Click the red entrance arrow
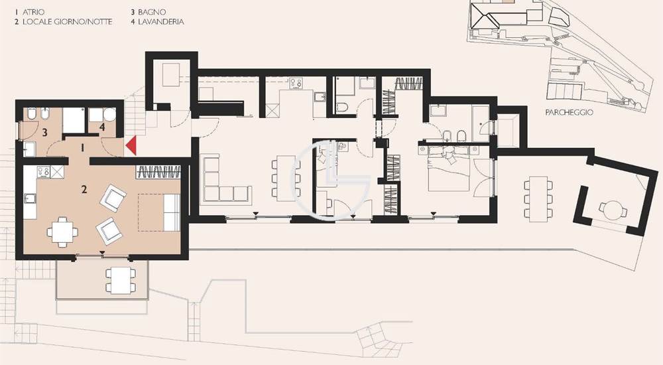(x=131, y=145)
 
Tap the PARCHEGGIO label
(x=569, y=113)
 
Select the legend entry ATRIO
(x=33, y=13)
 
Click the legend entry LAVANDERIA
(x=160, y=22)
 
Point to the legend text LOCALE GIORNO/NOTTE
(x=67, y=22)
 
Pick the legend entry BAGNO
(x=152, y=13)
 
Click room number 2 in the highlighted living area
(x=84, y=189)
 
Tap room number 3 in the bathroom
(x=44, y=133)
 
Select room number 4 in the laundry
(x=102, y=127)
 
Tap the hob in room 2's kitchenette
(x=44, y=172)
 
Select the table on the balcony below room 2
(x=121, y=279)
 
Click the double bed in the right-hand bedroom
(x=449, y=169)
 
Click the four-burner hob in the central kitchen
(x=296, y=83)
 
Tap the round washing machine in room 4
(x=109, y=114)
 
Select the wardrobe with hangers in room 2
(x=158, y=172)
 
